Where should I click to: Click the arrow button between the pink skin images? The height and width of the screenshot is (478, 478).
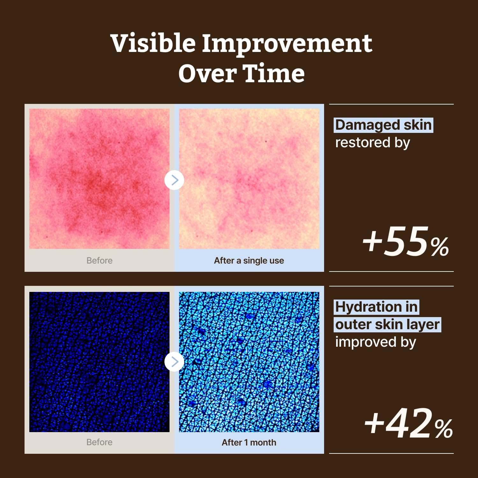pos(174,180)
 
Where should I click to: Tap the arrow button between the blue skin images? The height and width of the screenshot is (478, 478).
pos(174,362)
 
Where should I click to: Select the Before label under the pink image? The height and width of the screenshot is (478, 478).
pos(99,261)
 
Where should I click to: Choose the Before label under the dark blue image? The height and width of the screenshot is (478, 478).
pos(99,442)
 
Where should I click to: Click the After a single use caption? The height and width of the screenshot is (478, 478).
pos(249,261)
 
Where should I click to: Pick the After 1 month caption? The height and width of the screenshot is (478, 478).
pos(249,442)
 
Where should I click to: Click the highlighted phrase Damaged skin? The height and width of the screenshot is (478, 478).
pos(384,125)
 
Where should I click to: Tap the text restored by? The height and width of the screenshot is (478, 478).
pos(373,142)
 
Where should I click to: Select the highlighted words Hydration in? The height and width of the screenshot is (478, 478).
pos(376,307)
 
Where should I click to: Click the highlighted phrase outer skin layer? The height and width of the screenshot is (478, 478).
pos(387,325)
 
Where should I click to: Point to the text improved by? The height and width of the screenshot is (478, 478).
pos(376,342)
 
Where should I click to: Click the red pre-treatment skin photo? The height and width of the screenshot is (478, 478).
pos(99,179)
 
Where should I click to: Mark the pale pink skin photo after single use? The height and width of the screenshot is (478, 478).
pos(249,179)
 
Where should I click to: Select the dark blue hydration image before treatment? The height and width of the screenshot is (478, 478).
pos(99,362)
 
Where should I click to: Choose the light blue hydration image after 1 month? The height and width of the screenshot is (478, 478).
pos(249,362)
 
